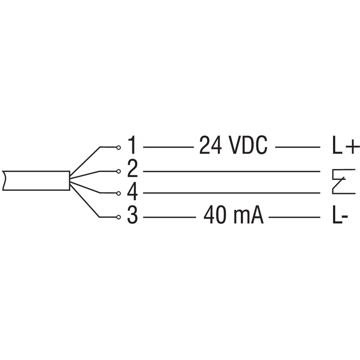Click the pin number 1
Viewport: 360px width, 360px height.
[x=132, y=145]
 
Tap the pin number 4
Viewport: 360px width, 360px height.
[x=132, y=193]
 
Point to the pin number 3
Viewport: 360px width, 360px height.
[x=132, y=215]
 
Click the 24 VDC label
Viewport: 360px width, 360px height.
[x=233, y=145]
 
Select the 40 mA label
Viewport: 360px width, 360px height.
[x=234, y=215]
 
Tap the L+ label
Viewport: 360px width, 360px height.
[x=346, y=145]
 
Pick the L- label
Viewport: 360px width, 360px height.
[x=340, y=215]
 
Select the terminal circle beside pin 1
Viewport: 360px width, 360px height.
[x=118, y=148]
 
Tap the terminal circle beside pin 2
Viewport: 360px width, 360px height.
[x=118, y=171]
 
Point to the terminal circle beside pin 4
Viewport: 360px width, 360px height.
[x=118, y=193]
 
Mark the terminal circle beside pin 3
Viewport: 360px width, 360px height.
[x=118, y=217]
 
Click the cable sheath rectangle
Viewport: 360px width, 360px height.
[x=36, y=180]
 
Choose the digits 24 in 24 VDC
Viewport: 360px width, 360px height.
[x=210, y=145]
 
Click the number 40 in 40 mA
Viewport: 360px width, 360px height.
[x=215, y=215]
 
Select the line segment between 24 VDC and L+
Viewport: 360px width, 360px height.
[x=297, y=147]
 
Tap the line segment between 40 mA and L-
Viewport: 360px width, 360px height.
[x=294, y=217]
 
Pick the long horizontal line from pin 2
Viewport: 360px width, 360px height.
[x=232, y=171]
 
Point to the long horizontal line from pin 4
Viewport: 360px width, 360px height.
[x=232, y=193]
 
